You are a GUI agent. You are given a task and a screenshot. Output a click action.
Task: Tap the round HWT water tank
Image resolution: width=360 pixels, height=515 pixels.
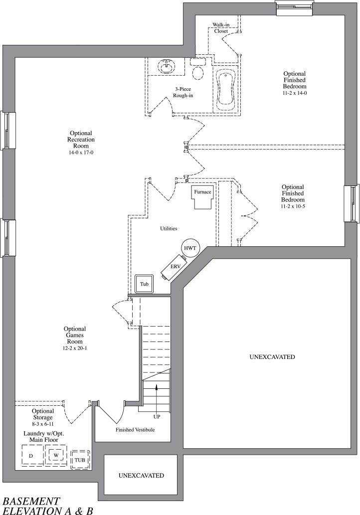tap(189, 248)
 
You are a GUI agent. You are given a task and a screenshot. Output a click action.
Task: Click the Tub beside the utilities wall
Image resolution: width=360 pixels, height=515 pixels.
tap(144, 284)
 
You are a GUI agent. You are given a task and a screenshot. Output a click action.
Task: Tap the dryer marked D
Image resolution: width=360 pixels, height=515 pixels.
tap(31, 456)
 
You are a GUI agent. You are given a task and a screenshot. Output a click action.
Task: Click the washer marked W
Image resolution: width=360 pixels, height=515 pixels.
tap(56, 455)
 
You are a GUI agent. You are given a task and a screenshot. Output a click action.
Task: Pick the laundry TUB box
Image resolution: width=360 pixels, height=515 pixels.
tap(80, 460)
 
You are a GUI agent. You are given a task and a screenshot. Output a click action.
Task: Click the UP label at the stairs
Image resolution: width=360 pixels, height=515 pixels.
tap(157, 416)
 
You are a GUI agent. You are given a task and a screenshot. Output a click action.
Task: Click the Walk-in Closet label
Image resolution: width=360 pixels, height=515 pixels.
tap(221, 27)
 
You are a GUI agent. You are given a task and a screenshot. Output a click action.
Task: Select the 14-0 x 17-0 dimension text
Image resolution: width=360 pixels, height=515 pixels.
tap(80, 153)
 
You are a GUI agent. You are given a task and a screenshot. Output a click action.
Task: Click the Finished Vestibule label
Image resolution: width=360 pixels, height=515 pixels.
tap(135, 429)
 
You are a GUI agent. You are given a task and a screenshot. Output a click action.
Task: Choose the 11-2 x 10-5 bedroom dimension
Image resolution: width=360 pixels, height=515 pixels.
tap(293, 206)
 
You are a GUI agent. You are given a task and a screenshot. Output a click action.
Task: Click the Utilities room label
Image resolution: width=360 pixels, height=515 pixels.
tap(169, 228)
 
